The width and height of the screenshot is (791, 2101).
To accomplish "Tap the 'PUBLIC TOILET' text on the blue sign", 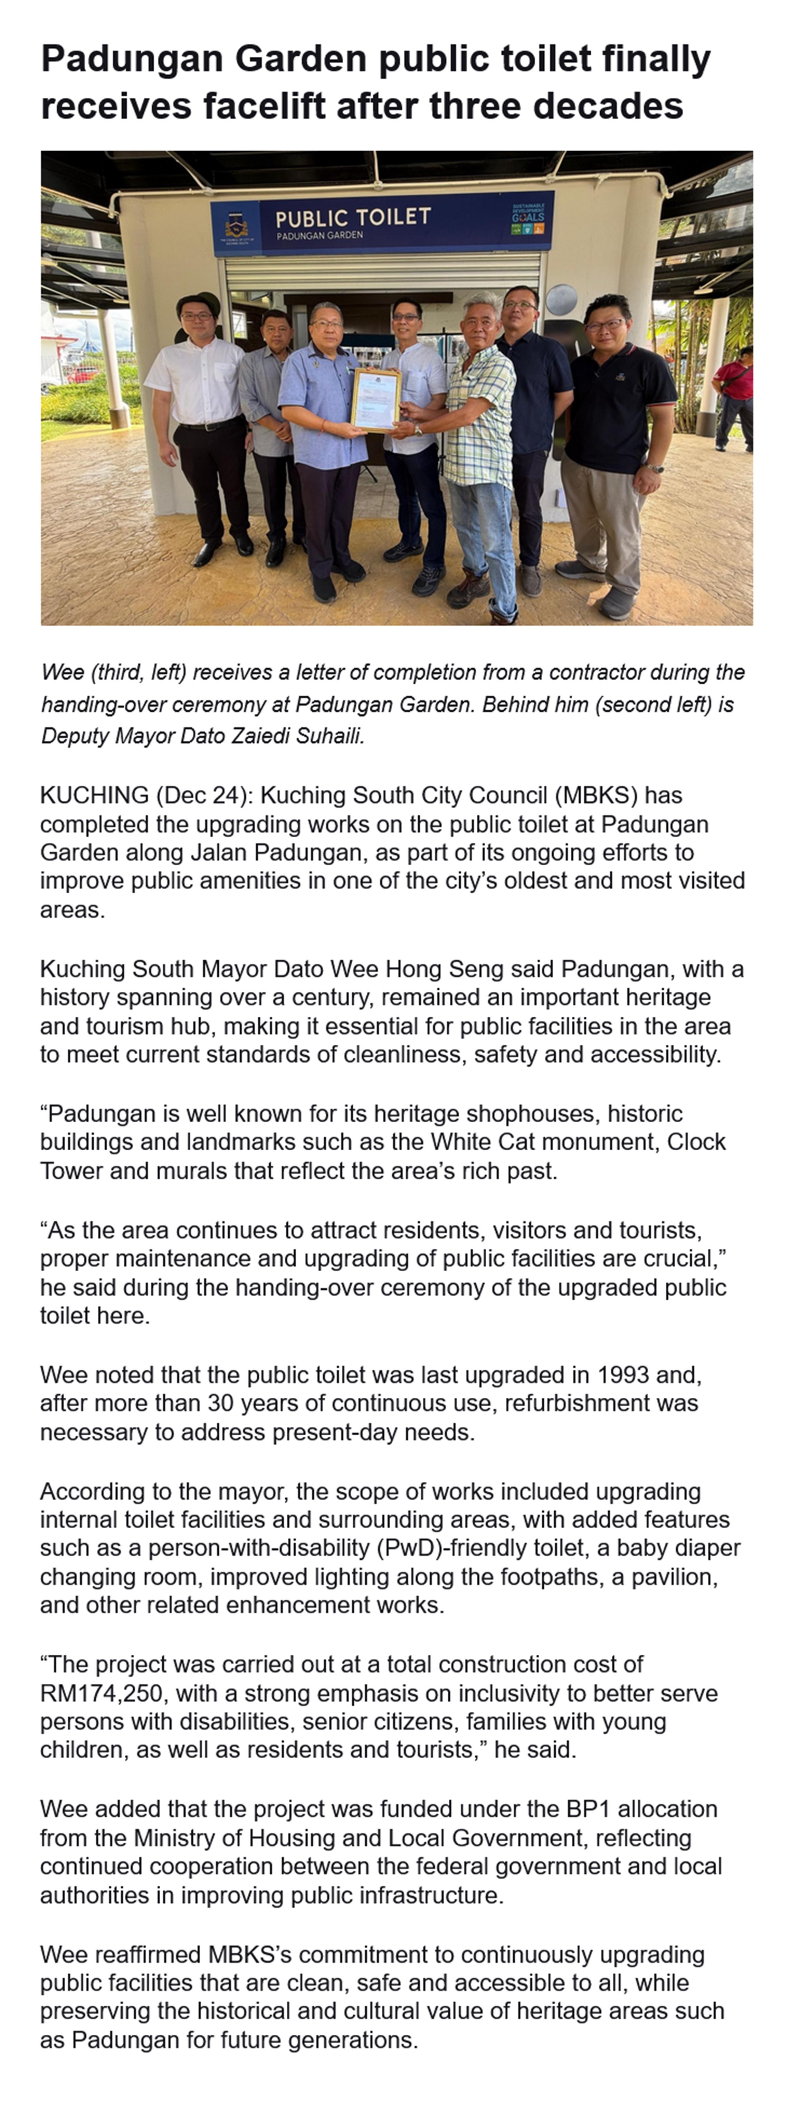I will tap(352, 217).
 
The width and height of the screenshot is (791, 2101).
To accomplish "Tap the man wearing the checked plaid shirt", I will tap(481, 424).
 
